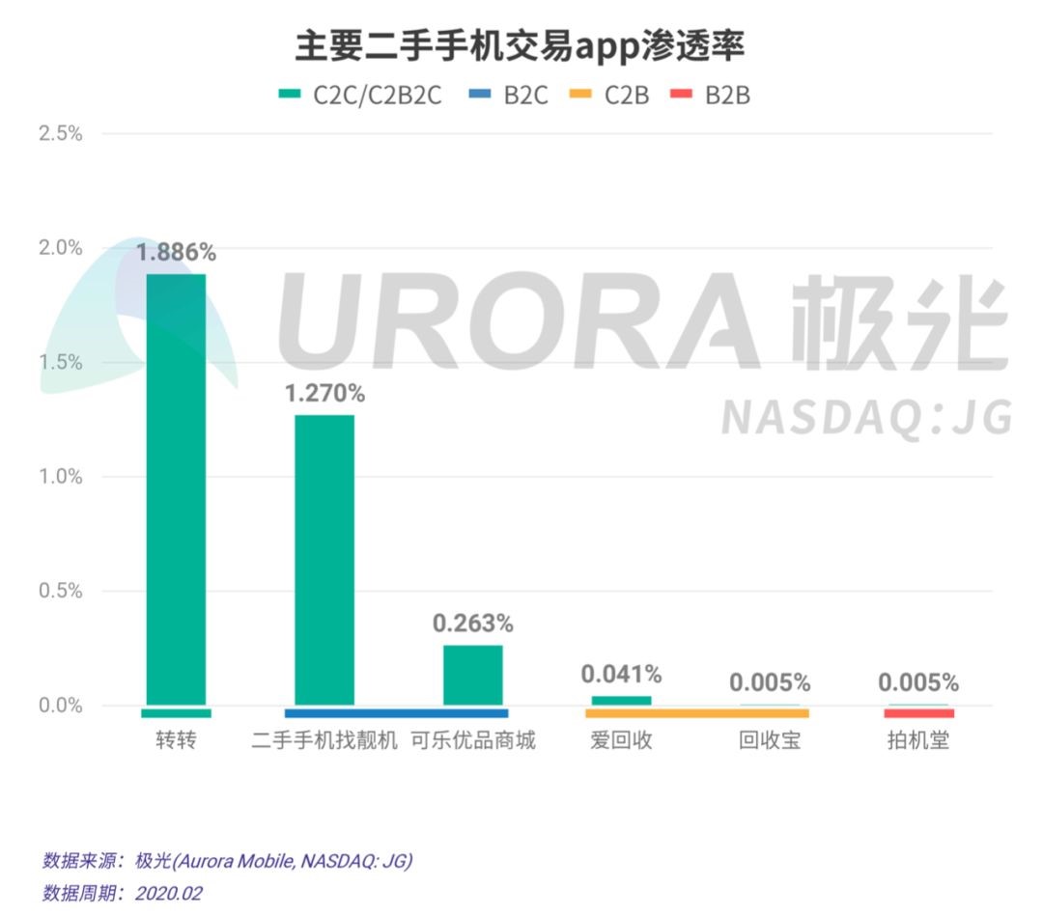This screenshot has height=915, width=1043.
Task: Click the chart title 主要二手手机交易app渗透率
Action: (x=521, y=45)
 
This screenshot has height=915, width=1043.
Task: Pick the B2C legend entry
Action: (x=509, y=95)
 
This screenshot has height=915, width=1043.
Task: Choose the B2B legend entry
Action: (x=713, y=95)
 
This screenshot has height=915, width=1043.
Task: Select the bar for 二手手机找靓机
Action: (x=324, y=560)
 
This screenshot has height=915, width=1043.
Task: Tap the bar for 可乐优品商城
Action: (x=473, y=675)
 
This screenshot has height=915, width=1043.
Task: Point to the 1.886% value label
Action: (x=176, y=253)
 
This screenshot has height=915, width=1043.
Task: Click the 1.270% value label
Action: (x=324, y=394)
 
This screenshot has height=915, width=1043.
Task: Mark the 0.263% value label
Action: (x=473, y=624)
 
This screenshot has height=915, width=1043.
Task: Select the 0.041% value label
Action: (x=621, y=674)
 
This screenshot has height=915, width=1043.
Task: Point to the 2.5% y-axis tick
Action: (x=60, y=133)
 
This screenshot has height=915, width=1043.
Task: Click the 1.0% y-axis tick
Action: (x=60, y=477)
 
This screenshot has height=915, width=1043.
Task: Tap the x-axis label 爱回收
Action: (x=621, y=741)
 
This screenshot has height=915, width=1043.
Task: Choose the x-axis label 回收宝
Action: (x=770, y=741)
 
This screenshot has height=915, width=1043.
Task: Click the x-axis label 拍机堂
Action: (x=918, y=741)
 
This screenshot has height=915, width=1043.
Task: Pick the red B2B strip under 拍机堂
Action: (x=918, y=713)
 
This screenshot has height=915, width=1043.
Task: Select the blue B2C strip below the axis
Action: (x=396, y=713)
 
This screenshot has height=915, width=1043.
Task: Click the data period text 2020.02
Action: (x=169, y=893)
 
